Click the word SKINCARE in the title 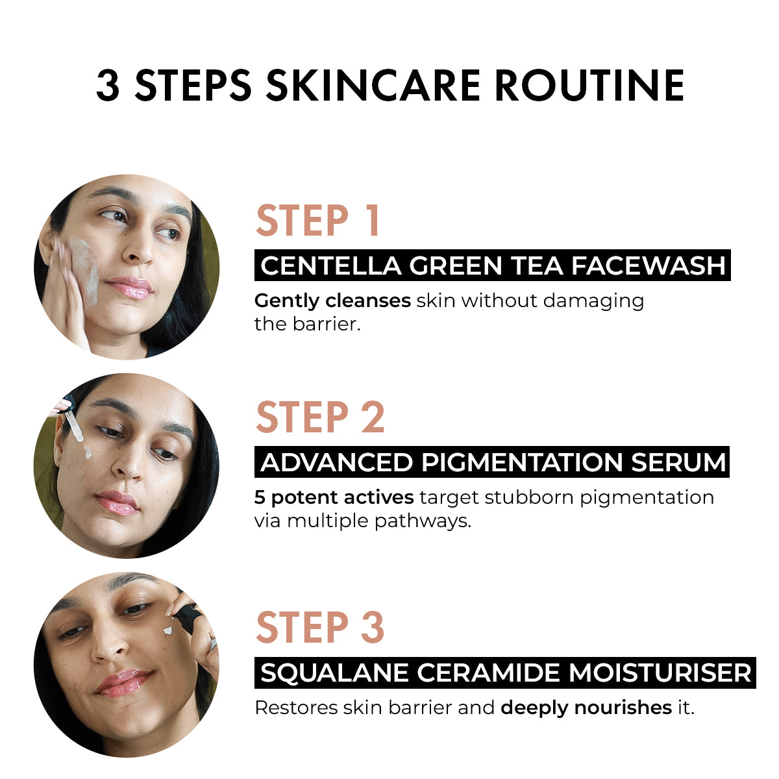tap(373, 86)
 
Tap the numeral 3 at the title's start tap(108, 86)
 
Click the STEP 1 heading tap(318, 221)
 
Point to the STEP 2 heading tap(320, 417)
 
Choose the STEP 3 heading tap(320, 627)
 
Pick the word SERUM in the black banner tap(678, 462)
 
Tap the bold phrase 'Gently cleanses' tap(332, 301)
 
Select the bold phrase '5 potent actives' tap(334, 498)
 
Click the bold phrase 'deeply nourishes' tap(586, 708)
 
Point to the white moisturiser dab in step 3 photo tap(169, 630)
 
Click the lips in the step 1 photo tap(129, 286)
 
